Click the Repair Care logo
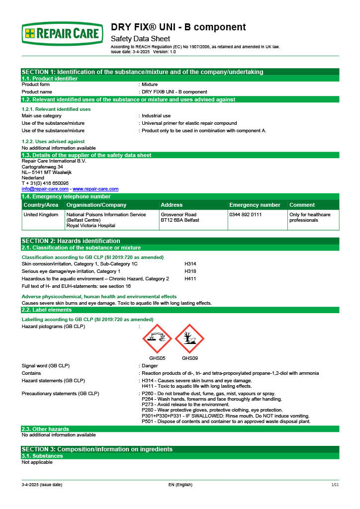click(x=63, y=34)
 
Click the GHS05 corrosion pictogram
click(x=157, y=339)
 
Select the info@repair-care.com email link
click(x=45, y=189)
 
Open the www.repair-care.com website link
click(x=95, y=189)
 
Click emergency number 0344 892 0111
click(x=245, y=215)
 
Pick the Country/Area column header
click(x=41, y=205)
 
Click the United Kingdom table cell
click(x=41, y=215)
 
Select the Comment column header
click(x=302, y=205)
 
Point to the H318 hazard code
click(x=190, y=271)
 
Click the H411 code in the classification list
click(x=190, y=279)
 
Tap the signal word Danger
click(x=151, y=365)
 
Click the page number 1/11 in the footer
click(x=335, y=485)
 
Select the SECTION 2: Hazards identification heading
click(x=71, y=241)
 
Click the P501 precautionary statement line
click(x=226, y=422)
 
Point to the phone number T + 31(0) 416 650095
click(x=45, y=183)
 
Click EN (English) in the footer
click(x=180, y=485)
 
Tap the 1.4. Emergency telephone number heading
click(x=66, y=197)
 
